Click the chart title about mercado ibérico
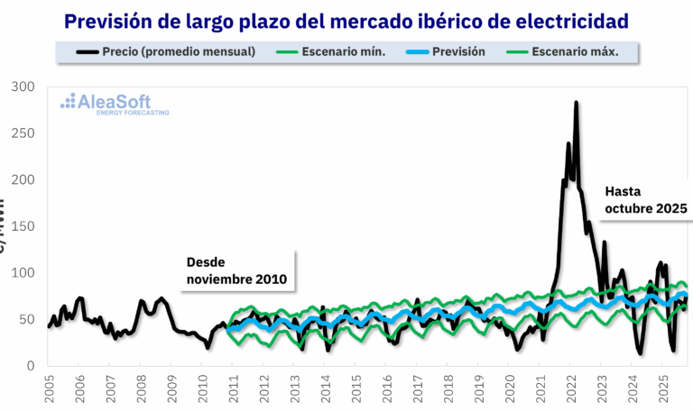coord(347,20)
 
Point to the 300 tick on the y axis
coord(23,87)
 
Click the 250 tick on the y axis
coord(23,133)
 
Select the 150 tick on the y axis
coord(23,226)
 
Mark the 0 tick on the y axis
coord(30,366)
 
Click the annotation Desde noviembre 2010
coord(236,271)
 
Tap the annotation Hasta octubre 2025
coord(645,200)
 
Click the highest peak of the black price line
coord(576,104)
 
